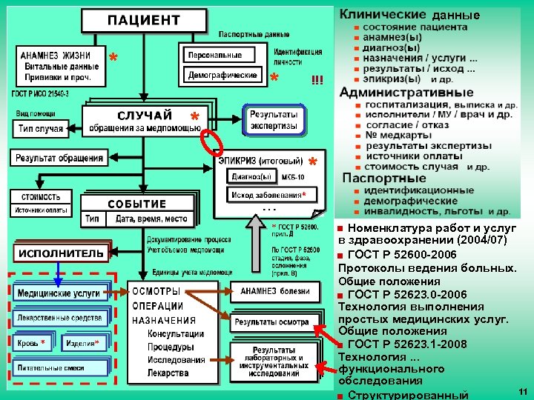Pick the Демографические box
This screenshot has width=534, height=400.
point(222,75)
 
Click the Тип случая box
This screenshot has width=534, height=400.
point(41,129)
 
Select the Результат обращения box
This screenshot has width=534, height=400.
point(59,158)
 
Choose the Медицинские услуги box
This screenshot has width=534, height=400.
point(59,293)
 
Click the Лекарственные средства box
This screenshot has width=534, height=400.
point(59,318)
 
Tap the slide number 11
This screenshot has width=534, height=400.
point(522,390)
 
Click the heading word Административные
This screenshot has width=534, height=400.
point(406,93)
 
